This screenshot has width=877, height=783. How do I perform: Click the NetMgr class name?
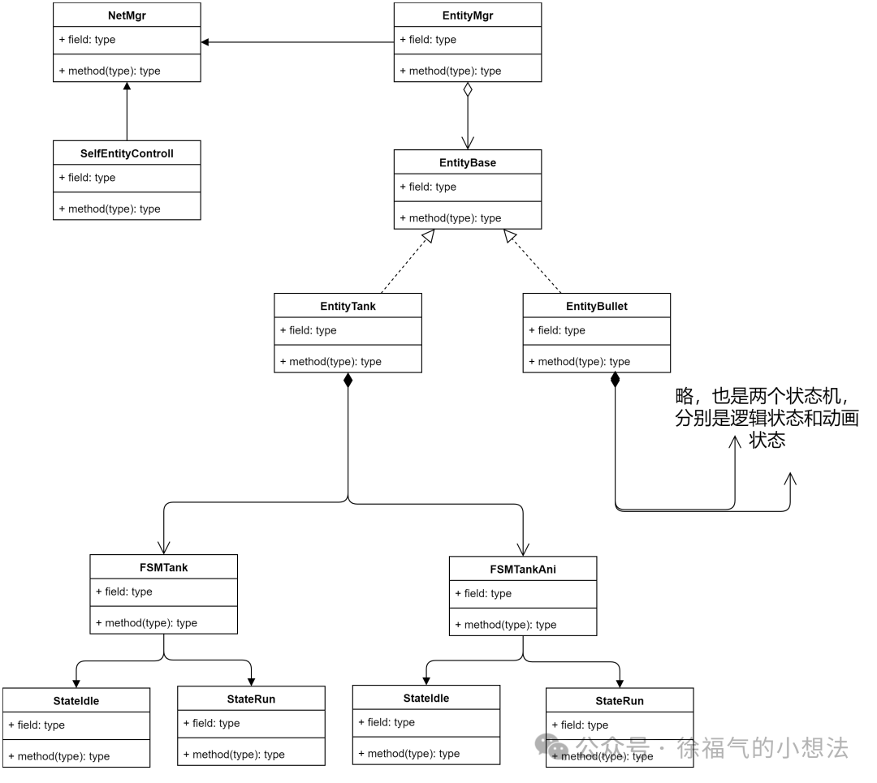[126, 15]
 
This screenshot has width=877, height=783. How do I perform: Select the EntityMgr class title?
[467, 15]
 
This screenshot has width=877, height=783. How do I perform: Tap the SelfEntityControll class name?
[126, 153]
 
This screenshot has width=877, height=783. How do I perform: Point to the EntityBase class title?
[467, 162]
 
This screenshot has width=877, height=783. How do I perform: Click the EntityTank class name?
[348, 307]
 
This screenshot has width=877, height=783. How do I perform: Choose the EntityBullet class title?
[596, 307]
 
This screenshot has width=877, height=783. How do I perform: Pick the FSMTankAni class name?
[522, 570]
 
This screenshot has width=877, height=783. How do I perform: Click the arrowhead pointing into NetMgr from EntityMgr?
[205, 42]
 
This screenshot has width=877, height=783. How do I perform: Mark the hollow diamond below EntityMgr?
[468, 90]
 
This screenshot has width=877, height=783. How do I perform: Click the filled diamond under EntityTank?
[348, 380]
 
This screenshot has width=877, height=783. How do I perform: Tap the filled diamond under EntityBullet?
[615, 380]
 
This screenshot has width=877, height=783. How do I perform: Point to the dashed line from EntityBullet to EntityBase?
[534, 262]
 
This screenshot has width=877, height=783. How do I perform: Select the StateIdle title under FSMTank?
[76, 701]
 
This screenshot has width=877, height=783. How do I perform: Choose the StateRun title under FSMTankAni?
[619, 701]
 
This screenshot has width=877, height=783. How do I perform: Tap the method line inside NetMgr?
[109, 71]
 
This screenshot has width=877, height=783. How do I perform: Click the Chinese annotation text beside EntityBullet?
[767, 418]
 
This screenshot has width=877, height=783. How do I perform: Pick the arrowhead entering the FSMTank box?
[164, 546]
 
